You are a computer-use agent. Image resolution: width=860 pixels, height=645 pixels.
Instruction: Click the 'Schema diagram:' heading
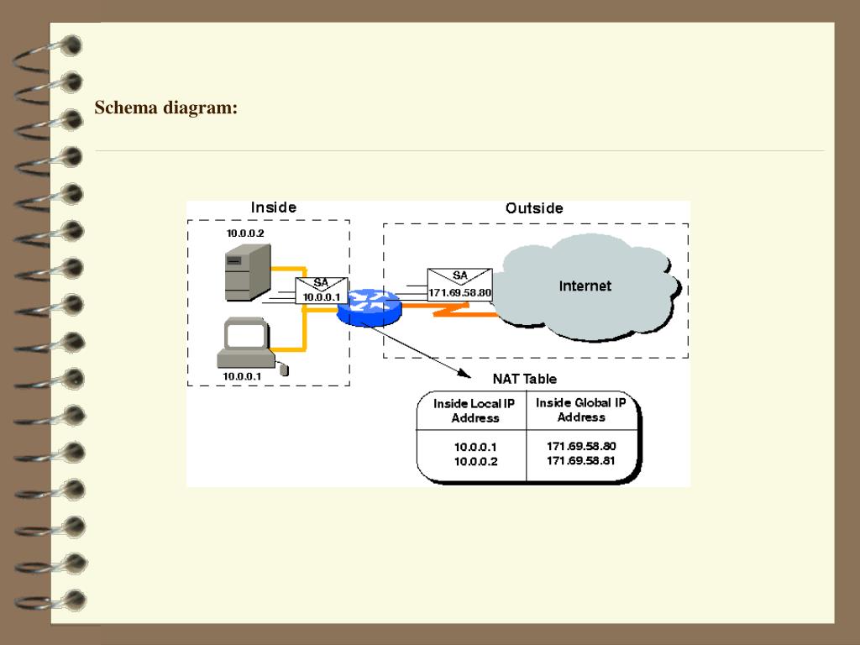pyautogui.click(x=166, y=107)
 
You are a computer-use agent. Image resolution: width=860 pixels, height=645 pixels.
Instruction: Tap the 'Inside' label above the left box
pyautogui.click(x=274, y=207)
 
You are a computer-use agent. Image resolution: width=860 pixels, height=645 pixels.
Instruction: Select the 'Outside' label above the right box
pyautogui.click(x=534, y=208)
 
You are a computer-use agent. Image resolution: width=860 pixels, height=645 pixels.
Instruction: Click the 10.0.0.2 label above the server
pyautogui.click(x=245, y=233)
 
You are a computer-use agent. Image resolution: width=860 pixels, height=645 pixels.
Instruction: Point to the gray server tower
pyautogui.click(x=248, y=273)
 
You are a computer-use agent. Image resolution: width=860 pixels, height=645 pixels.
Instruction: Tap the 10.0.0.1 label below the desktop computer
pyautogui.click(x=242, y=376)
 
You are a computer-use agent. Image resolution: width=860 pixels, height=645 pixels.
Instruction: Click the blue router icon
pyautogui.click(x=370, y=307)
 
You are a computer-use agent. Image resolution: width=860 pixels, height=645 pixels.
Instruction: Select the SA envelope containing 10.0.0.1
pyautogui.click(x=322, y=291)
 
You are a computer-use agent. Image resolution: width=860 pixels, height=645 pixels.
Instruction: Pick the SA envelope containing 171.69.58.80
pyautogui.click(x=459, y=285)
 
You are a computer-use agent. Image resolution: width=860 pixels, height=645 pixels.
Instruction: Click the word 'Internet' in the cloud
pyautogui.click(x=585, y=286)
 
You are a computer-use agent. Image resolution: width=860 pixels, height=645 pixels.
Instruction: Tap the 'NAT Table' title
pyautogui.click(x=524, y=379)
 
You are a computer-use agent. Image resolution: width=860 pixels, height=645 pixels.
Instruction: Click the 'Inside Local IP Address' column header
pyautogui.click(x=475, y=411)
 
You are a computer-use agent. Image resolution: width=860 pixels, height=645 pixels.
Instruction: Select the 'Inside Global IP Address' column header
pyautogui.click(x=581, y=410)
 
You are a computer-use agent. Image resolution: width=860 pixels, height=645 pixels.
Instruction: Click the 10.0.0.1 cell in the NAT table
pyautogui.click(x=475, y=447)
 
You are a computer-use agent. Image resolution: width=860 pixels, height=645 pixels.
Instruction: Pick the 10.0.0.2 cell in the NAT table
pyautogui.click(x=475, y=462)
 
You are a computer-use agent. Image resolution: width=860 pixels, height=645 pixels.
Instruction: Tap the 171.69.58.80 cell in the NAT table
pyautogui.click(x=581, y=446)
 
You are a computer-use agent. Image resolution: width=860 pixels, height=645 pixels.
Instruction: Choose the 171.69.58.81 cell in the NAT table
pyautogui.click(x=581, y=461)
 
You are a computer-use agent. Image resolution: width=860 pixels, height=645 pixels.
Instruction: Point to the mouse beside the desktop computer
pyautogui.click(x=284, y=370)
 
